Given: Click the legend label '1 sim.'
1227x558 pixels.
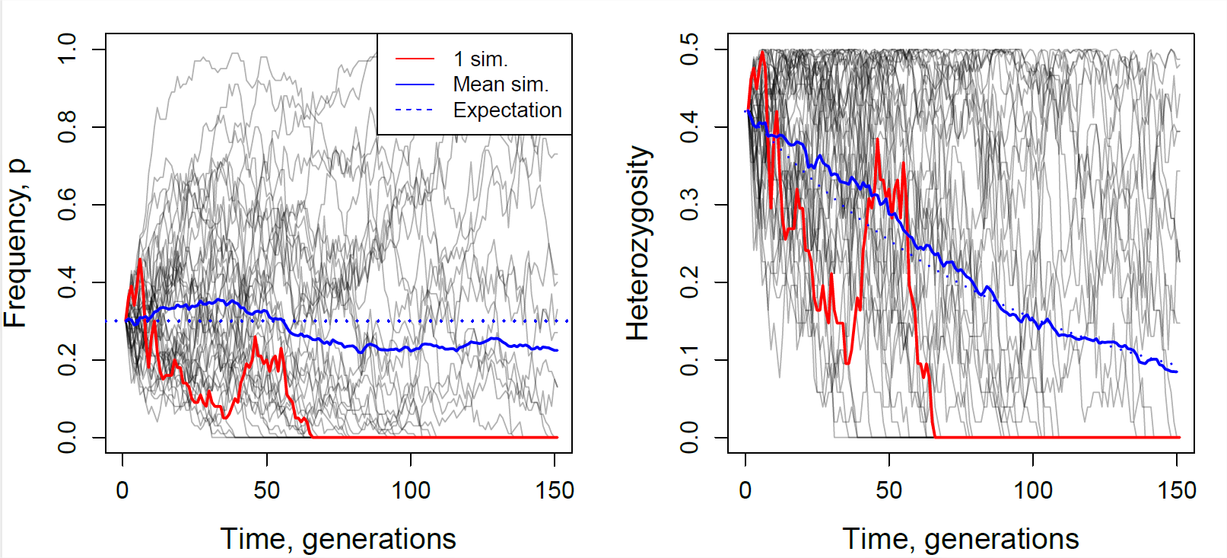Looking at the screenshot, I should [x=480, y=59].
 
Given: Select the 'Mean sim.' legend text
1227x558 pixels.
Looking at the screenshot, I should [x=501, y=84].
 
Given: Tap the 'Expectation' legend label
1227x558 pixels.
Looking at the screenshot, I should [x=507, y=110].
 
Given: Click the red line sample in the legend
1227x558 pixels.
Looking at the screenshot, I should [x=415, y=59].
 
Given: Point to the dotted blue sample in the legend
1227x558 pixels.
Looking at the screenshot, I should [x=415, y=110].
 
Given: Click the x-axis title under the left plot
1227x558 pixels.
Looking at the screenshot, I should [x=339, y=538].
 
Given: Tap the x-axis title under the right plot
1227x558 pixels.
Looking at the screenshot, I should [x=961, y=538].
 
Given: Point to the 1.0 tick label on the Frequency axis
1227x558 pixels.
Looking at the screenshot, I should [x=67, y=49].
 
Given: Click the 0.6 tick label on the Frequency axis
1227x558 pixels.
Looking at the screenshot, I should [x=67, y=205].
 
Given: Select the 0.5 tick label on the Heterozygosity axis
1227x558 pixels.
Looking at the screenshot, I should [x=689, y=49].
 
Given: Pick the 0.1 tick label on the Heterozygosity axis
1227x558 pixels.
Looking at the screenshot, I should [x=689, y=360].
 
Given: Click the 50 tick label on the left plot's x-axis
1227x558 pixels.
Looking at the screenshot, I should [x=267, y=490].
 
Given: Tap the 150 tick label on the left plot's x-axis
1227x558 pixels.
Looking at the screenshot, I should [x=555, y=490].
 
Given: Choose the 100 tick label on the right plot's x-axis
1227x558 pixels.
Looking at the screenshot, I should [x=1033, y=490].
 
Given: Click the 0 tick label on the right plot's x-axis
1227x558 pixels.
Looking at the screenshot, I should [x=745, y=490].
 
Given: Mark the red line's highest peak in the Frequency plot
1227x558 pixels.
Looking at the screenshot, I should [x=140, y=260].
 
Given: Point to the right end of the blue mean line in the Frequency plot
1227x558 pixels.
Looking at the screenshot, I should [x=557, y=350].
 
